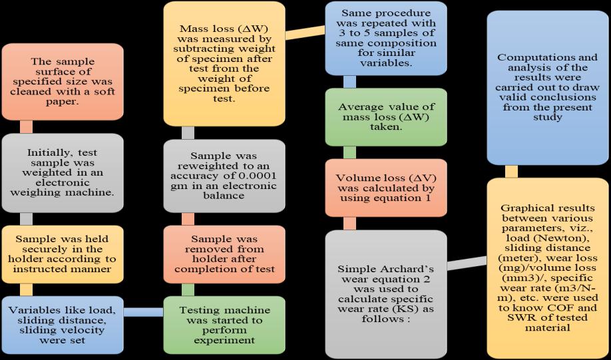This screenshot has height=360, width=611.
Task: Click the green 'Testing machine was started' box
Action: [220, 323]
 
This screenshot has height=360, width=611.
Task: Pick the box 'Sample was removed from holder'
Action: [220, 253]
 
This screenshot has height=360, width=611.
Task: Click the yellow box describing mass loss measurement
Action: [220, 64]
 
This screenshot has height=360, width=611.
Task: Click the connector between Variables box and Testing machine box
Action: [144, 312]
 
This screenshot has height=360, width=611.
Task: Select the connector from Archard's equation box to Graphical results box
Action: [466, 262]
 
